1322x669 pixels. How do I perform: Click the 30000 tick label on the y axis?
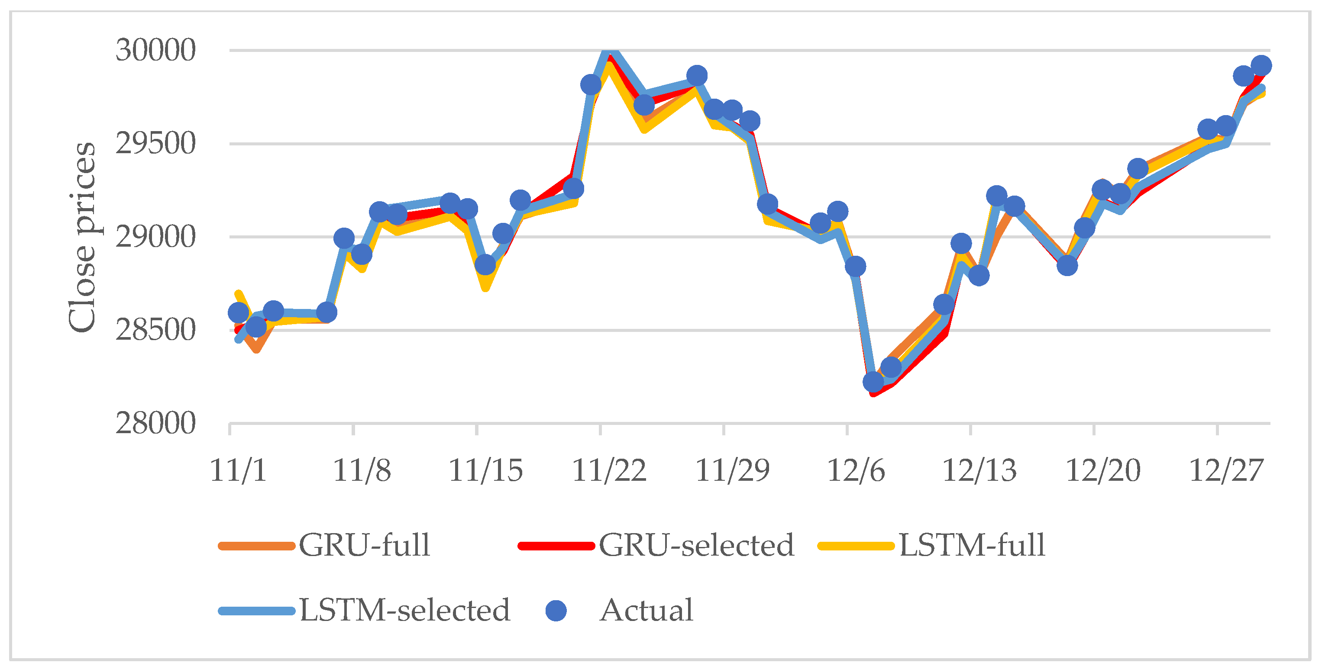tap(155, 50)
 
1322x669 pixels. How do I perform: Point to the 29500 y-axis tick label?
tap(155, 144)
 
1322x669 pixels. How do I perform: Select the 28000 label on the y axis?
tap(155, 424)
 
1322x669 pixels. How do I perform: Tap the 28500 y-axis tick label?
tap(155, 331)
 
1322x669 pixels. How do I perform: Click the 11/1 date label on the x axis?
tap(238, 470)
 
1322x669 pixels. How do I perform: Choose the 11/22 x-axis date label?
tap(609, 470)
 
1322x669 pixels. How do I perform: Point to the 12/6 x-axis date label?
tap(856, 470)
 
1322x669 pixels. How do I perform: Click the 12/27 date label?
tap(1225, 470)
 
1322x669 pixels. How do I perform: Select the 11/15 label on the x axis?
tap(485, 470)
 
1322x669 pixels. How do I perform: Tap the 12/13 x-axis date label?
tap(979, 470)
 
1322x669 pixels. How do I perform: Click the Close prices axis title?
tap(82, 237)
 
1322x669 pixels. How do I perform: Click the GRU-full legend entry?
tap(364, 545)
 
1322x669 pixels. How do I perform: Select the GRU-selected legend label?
tap(696, 545)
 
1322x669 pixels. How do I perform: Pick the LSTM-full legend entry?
tap(972, 545)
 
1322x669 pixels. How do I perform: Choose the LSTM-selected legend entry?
tap(404, 611)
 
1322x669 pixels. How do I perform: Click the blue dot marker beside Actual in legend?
tap(556, 611)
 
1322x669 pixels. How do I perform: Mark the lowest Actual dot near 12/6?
tap(873, 382)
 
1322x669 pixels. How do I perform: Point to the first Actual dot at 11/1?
tap(238, 312)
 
